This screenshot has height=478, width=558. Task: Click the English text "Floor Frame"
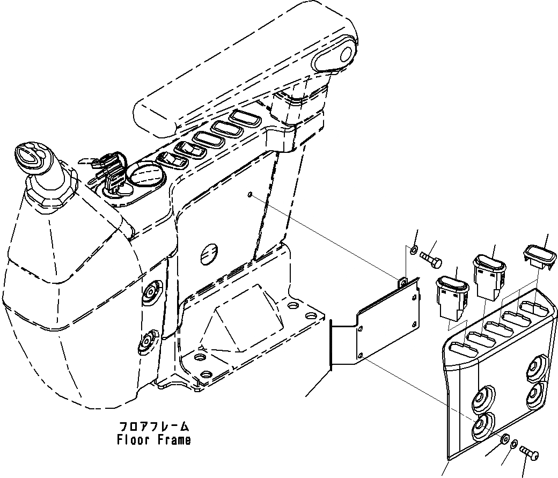click(x=153, y=440)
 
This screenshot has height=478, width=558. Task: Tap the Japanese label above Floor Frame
click(x=153, y=427)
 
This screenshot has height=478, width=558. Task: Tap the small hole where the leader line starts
click(x=251, y=195)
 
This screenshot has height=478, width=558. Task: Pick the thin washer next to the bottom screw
click(x=513, y=444)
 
